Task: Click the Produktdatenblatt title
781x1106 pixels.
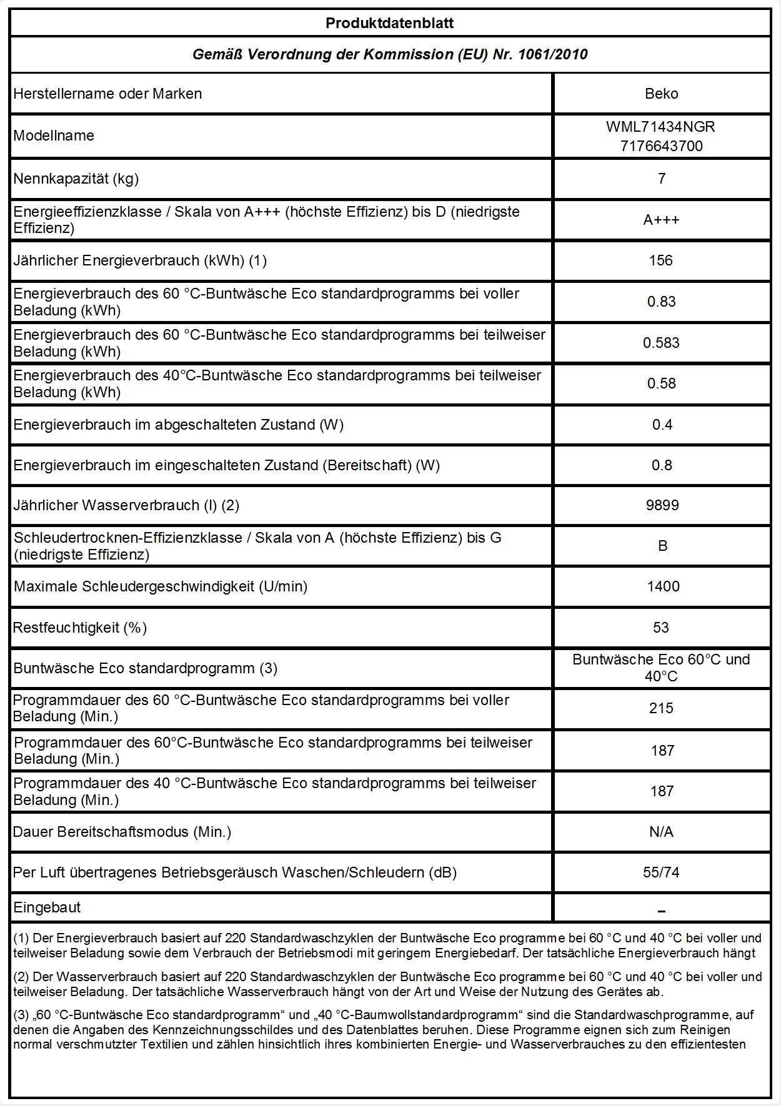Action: click(390, 24)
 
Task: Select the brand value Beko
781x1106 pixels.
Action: click(661, 94)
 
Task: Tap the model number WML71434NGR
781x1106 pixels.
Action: click(660, 127)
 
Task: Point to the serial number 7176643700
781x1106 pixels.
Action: click(660, 146)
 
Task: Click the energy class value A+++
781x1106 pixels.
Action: click(661, 220)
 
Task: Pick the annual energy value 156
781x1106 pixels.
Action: click(661, 260)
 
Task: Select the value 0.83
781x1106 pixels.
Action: click(661, 302)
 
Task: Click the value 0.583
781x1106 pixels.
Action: click(661, 343)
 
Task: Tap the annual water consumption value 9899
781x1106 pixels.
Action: click(662, 505)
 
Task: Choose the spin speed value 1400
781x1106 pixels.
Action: click(662, 586)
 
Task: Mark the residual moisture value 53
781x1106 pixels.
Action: click(661, 628)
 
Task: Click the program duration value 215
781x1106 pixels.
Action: click(661, 708)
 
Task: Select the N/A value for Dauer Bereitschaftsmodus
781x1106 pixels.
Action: click(661, 832)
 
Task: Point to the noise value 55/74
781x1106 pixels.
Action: click(661, 872)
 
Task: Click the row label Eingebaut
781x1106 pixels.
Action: click(47, 907)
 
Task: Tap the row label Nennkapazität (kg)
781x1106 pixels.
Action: click(76, 179)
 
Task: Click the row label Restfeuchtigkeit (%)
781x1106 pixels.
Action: click(80, 628)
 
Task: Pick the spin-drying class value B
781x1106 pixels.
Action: click(662, 546)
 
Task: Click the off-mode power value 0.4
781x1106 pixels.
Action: click(662, 425)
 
